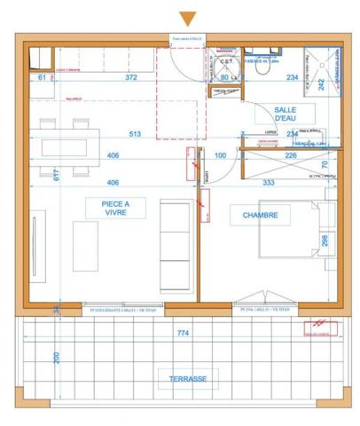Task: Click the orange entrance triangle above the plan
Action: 187,18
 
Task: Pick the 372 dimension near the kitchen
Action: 130,78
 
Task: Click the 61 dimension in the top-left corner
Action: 42,78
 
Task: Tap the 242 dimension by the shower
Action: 323,85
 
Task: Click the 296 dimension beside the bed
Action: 325,240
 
